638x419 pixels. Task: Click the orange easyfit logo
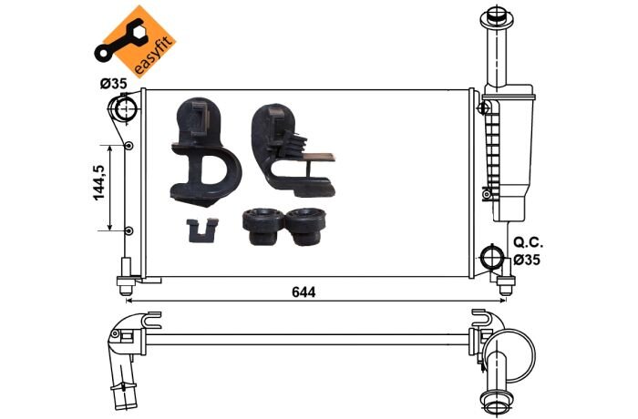[139, 42]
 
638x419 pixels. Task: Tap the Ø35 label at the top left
[114, 84]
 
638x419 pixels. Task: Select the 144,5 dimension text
[99, 183]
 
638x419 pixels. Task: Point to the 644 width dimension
[304, 291]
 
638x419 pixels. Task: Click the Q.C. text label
[528, 242]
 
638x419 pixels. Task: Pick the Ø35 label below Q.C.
[527, 259]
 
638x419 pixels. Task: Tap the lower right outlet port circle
[492, 257]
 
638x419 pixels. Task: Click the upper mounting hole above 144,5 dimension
[129, 145]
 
